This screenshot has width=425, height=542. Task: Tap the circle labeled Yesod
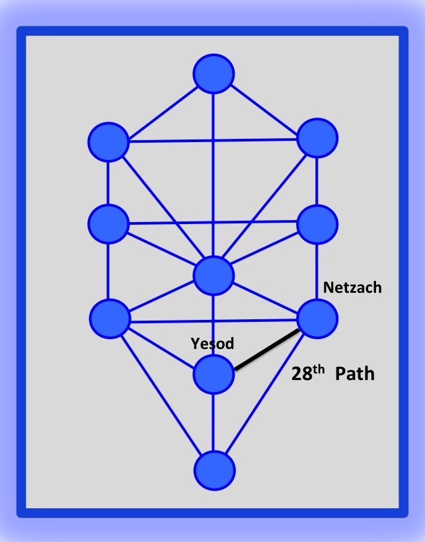[213, 374]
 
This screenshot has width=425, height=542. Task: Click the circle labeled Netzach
[318, 319]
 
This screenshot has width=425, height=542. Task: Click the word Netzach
[352, 288]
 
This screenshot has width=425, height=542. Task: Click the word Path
[355, 374]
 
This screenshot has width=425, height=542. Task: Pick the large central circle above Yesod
[213, 276]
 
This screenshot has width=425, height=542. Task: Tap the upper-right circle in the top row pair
[318, 138]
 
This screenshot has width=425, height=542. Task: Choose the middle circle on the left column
[108, 223]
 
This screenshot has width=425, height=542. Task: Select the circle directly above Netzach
[318, 225]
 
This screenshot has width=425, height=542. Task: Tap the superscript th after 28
[320, 367]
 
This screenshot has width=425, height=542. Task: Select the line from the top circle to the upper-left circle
[161, 108]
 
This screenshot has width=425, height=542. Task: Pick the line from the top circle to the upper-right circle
[266, 106]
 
